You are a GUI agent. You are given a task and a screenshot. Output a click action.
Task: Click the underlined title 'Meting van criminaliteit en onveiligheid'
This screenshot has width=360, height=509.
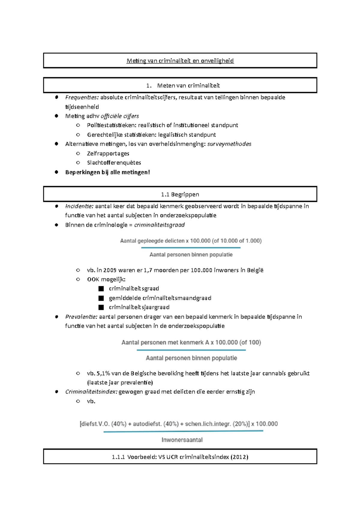tap(180, 61)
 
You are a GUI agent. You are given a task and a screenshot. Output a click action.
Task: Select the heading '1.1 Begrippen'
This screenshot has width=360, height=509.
tap(180, 194)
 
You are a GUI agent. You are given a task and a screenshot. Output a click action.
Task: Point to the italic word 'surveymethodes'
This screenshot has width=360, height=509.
tap(229, 144)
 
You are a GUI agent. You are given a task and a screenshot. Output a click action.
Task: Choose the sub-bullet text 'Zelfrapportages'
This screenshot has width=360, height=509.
tap(108, 153)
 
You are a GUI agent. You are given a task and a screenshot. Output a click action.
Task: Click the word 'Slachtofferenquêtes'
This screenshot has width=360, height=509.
tap(114, 163)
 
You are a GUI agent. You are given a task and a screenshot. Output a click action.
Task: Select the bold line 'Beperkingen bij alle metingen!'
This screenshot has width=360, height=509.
tap(107, 172)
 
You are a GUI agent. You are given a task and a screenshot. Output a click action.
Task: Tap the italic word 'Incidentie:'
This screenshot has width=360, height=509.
tap(79, 206)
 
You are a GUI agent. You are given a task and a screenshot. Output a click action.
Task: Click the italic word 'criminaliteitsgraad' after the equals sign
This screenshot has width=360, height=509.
tap(159, 225)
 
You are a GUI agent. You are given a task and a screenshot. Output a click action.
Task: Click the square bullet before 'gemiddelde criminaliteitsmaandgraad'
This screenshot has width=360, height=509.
tap(101, 298)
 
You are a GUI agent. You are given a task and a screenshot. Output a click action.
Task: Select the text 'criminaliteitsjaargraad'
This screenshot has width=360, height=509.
tap(139, 307)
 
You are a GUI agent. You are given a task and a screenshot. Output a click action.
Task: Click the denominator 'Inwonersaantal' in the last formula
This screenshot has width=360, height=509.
tap(182, 440)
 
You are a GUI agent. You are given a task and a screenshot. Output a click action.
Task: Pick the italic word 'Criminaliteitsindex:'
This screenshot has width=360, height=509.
tap(91, 392)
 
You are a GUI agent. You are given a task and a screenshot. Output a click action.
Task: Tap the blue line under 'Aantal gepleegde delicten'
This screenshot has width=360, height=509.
tap(190, 248)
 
